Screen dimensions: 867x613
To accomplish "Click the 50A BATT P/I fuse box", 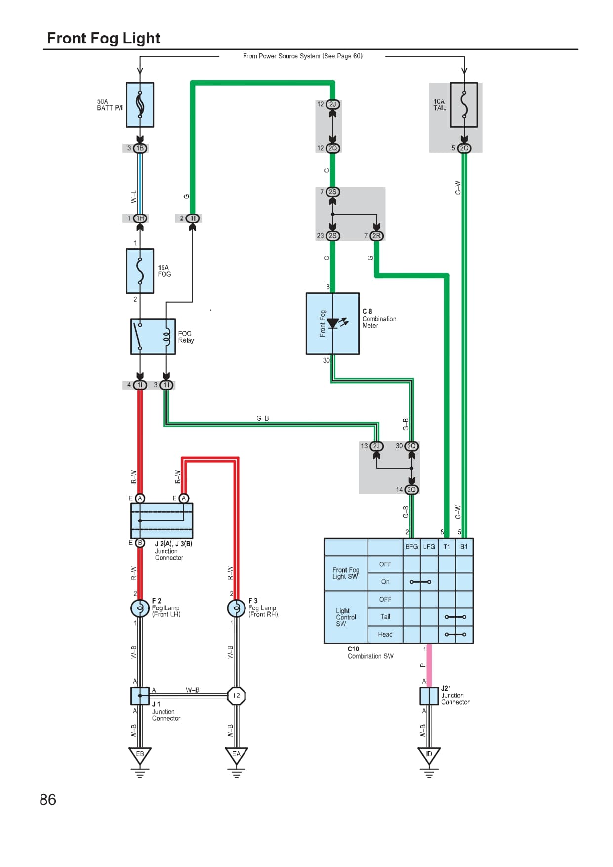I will click(140, 104).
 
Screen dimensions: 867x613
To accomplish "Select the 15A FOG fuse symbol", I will click(140, 271).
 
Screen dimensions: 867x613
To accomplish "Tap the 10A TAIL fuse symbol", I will click(464, 105).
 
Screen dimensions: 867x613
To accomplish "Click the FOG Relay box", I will click(153, 337).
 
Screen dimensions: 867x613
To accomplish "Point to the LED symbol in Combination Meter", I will click(333, 324).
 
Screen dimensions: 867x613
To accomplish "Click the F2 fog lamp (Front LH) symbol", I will click(140, 608).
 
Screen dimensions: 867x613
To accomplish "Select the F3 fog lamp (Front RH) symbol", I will click(236, 608).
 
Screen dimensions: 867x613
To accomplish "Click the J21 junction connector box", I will click(429, 695).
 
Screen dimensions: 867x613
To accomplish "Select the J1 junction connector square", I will click(140, 695).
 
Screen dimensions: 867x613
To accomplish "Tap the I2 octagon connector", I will click(236, 695).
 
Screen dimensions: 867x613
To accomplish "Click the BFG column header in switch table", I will click(411, 547).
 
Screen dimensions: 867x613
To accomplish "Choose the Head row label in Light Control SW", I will click(385, 634).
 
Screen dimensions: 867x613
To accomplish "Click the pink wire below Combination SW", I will click(429, 665).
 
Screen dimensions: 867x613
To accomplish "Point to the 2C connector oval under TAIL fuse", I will click(464, 148).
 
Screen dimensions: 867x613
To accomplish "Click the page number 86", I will click(48, 800).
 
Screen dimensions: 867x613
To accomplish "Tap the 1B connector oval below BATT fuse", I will click(140, 148).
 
